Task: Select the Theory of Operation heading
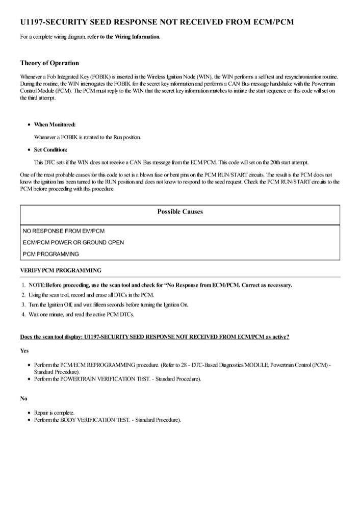[x=49, y=63]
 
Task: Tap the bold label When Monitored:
[x=55, y=124]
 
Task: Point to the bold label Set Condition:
[x=50, y=149]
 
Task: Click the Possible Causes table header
[x=179, y=212]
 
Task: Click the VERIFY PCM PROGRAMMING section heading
[x=61, y=269]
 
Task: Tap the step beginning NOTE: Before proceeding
[x=161, y=285]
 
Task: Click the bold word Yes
[x=24, y=351]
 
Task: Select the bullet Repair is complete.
[x=55, y=412]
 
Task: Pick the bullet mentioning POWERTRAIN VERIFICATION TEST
[x=117, y=379]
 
